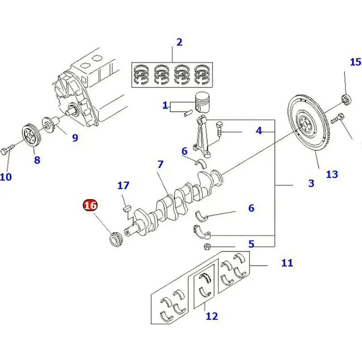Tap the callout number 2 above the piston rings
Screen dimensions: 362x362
(179, 43)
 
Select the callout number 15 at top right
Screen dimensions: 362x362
(356, 62)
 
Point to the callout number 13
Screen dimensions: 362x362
(332, 174)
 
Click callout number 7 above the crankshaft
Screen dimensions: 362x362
(160, 165)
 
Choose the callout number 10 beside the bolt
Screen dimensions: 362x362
(5, 176)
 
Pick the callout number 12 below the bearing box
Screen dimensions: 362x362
(211, 316)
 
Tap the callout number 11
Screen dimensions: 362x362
(287, 262)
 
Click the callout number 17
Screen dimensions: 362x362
(123, 186)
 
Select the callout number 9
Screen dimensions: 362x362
(75, 137)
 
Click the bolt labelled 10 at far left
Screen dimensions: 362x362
(8, 151)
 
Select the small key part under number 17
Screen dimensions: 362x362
(128, 208)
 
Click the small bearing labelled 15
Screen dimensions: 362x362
(346, 99)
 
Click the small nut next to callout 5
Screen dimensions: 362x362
(206, 247)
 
